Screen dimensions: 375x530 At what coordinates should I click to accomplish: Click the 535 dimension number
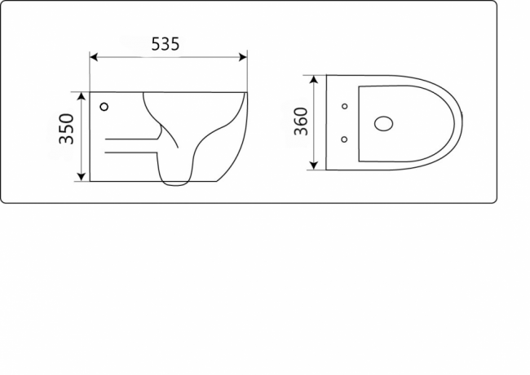166,45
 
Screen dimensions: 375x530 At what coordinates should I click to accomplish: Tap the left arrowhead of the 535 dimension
93,57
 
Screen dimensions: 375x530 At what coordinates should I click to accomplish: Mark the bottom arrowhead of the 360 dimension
314,167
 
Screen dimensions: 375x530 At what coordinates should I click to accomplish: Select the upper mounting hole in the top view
344,107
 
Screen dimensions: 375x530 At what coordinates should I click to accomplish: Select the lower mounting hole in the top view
344,139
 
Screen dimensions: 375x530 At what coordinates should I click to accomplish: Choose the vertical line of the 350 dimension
82,155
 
